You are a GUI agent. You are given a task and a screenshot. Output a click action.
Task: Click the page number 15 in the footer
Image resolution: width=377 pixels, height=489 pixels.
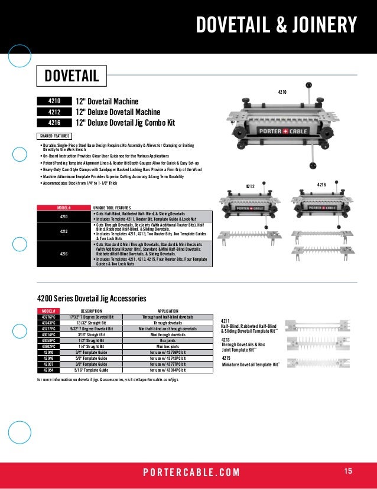pyautogui.click(x=347, y=471)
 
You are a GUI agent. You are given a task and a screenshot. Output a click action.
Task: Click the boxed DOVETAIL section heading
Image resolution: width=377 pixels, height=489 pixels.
pyautogui.click(x=71, y=77)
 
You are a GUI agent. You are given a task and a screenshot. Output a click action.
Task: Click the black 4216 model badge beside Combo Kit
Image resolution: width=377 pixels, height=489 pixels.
pyautogui.click(x=54, y=123)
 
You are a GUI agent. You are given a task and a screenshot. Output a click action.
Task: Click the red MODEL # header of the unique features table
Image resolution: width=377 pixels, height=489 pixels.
pyautogui.click(x=63, y=208)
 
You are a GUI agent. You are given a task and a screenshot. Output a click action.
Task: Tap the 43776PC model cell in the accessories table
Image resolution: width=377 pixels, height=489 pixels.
pyautogui.click(x=48, y=317)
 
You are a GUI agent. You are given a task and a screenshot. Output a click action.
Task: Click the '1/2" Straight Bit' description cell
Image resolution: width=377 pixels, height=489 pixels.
pyautogui.click(x=91, y=340)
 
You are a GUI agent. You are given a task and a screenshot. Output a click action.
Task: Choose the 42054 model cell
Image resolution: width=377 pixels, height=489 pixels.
pyautogui.click(x=48, y=370)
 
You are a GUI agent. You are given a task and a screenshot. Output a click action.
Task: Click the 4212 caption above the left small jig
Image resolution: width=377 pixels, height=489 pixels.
pyautogui.click(x=249, y=186)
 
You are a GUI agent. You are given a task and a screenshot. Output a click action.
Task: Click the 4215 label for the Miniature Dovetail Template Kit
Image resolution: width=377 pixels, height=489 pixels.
pyautogui.click(x=226, y=357)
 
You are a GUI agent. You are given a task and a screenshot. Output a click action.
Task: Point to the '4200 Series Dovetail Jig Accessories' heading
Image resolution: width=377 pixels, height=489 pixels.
pyautogui.click(x=92, y=299)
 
